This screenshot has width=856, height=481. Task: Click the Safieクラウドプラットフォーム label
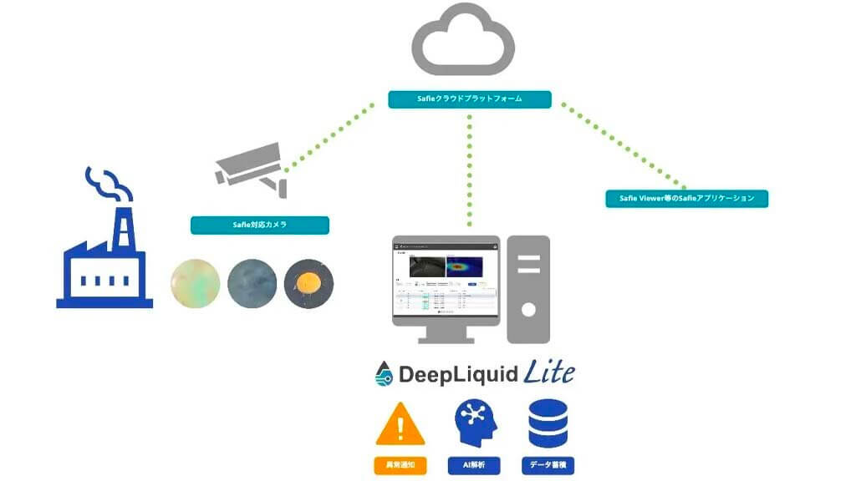pos(469,99)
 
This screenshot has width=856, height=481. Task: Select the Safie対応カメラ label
pos(259,225)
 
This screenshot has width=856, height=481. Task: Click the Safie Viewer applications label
pos(686,199)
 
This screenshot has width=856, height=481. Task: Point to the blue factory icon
pos(104,259)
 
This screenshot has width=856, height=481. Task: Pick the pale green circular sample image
pos(195,284)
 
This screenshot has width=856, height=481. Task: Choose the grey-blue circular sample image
pos(252,284)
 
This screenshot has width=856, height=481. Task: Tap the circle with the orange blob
pos(308,284)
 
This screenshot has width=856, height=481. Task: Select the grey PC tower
pos(527,289)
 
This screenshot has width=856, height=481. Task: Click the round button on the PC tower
pos(527,310)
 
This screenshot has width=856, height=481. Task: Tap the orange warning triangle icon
pos(400,424)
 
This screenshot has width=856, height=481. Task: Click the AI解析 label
pos(474,465)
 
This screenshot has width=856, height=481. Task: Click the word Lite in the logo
pos(549,372)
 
